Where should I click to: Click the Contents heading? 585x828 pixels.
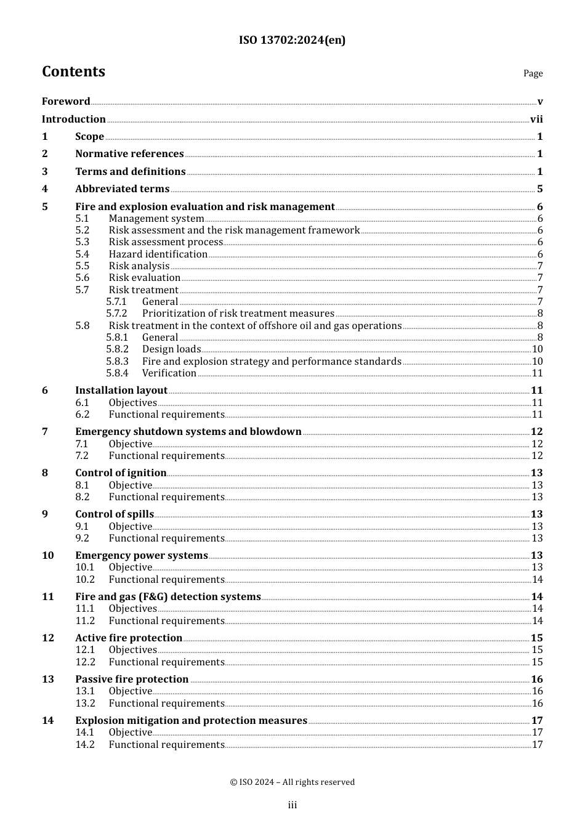[73, 71]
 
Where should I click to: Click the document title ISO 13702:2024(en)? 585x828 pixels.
[292, 40]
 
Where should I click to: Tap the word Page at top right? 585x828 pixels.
[533, 73]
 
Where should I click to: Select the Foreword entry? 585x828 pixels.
[66, 101]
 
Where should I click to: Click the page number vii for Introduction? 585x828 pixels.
[536, 119]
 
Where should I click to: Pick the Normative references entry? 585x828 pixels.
[129, 153]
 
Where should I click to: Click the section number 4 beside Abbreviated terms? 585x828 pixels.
[45, 189]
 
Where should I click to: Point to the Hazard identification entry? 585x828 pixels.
[158, 254]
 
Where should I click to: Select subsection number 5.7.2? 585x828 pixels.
[116, 313]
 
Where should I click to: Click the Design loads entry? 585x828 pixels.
[171, 349]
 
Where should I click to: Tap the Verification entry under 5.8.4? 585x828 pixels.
[169, 373]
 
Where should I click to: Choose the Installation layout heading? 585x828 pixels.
[121, 390]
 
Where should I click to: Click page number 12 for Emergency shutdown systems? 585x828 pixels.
[536, 431]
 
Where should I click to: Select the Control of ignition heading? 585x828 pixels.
[121, 473]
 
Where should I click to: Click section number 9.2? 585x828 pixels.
[83, 538]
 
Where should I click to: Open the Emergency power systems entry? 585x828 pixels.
[142, 555]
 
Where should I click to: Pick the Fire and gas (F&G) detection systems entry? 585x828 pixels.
[168, 596]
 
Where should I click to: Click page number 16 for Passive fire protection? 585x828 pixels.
[536, 679]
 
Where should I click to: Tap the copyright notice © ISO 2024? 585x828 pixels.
[292, 782]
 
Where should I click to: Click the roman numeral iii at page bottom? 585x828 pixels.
[292, 805]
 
